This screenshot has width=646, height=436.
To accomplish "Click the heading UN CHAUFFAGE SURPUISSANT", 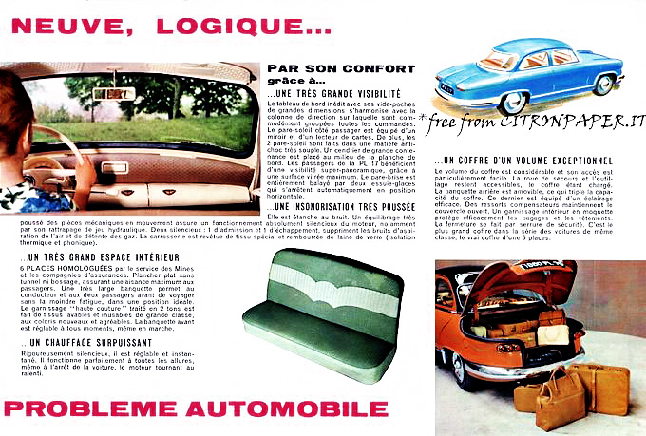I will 79,342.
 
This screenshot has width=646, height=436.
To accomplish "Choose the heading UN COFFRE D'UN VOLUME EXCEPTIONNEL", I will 538,160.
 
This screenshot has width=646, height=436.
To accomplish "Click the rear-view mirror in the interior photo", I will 119,93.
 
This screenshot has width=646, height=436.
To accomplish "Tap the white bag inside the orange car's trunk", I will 549,333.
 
